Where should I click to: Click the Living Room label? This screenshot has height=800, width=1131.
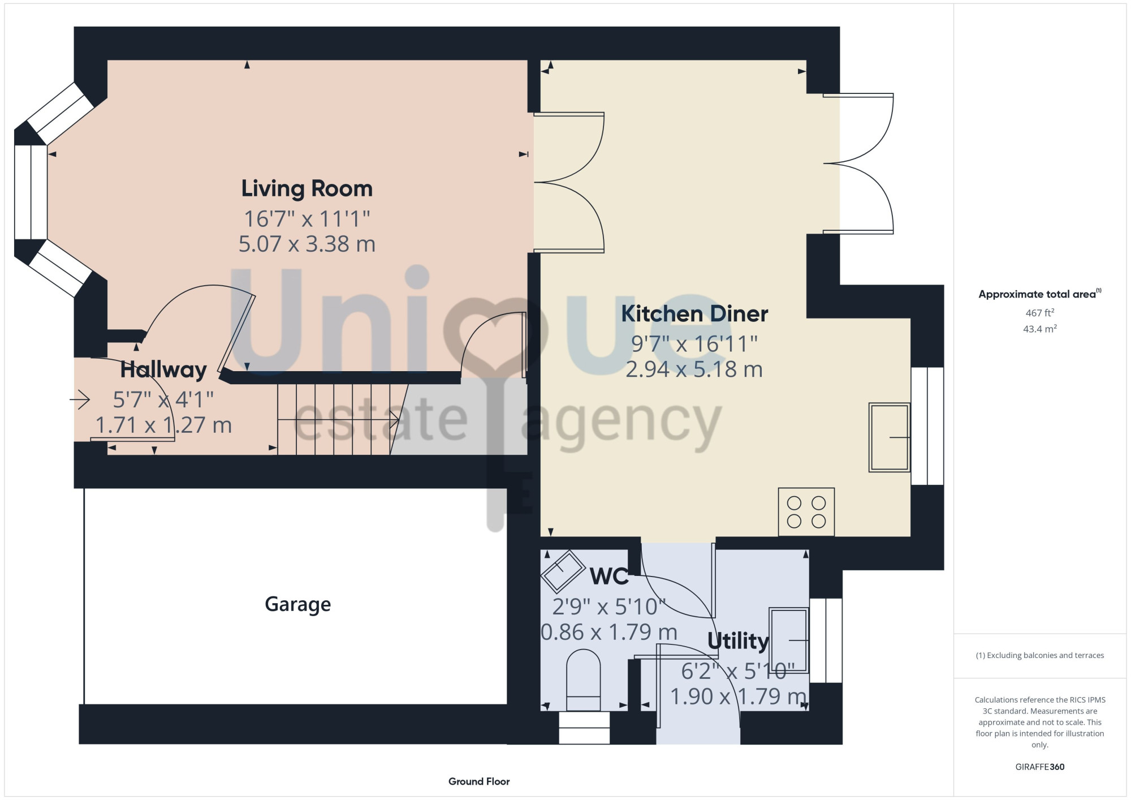(x=307, y=189)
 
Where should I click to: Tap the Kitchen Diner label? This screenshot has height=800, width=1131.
(x=694, y=314)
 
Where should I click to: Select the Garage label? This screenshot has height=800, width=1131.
(x=298, y=605)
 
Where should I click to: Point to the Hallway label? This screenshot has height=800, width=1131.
(x=163, y=370)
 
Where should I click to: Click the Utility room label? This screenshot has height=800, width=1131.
(x=738, y=641)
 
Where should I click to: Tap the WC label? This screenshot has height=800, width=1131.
(x=609, y=577)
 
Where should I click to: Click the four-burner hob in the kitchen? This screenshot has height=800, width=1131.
(x=806, y=512)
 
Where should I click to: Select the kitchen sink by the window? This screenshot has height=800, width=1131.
(x=890, y=437)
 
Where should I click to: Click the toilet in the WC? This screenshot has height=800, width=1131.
(x=583, y=680)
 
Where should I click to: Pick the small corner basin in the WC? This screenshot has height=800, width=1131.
(x=563, y=571)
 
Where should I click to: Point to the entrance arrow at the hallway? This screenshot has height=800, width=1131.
(x=80, y=400)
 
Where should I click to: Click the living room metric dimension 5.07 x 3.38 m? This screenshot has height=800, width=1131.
(x=307, y=244)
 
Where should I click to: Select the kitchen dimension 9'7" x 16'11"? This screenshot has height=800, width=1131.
(x=694, y=343)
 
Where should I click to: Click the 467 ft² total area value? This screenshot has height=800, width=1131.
(x=1040, y=312)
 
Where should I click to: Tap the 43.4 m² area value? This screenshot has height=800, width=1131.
(x=1040, y=329)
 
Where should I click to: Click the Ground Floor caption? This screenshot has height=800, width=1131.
(x=479, y=781)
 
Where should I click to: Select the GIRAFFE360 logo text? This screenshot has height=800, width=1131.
(x=1040, y=767)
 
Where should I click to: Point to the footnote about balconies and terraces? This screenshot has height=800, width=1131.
(x=1040, y=655)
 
